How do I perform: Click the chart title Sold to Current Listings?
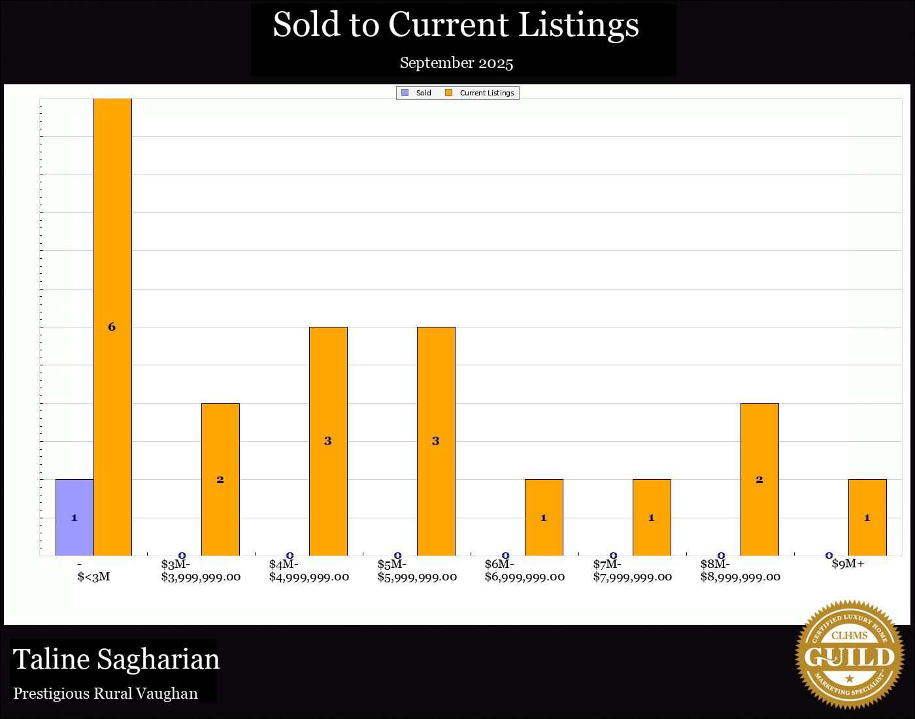point(456,25)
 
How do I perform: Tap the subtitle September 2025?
point(456,63)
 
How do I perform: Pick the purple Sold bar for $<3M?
point(75,517)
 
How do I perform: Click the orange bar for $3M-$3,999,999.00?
point(220,479)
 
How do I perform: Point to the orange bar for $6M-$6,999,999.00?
point(544,517)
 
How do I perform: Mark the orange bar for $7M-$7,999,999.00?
point(652,517)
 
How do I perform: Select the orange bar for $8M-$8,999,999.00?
point(759,479)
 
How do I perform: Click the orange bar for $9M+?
point(867,517)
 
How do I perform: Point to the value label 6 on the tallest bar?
point(112,327)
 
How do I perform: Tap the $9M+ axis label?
point(848,564)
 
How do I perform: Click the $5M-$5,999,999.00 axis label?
point(417,571)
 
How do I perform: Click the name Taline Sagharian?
point(116,659)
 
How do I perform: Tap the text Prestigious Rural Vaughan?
point(106,694)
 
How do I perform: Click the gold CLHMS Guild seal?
point(849,654)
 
